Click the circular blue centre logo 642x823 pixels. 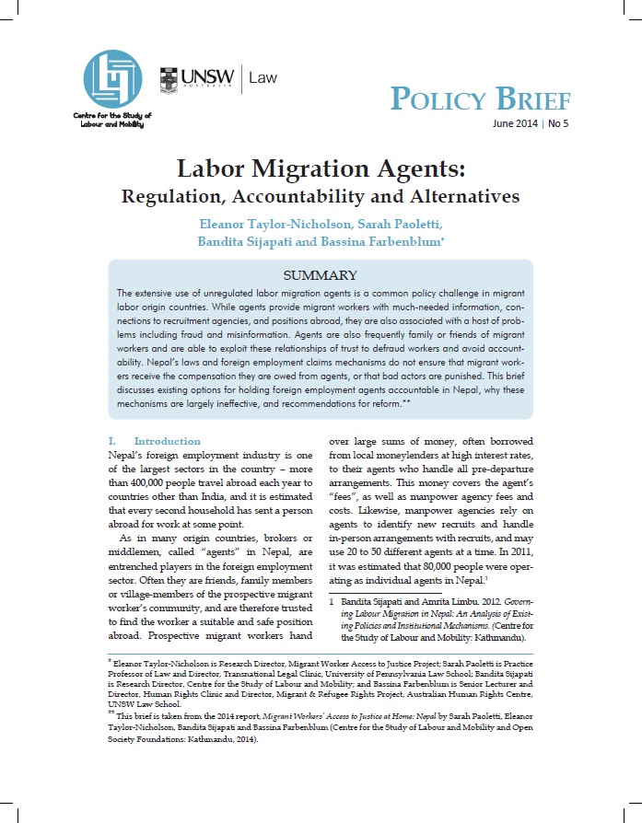point(112,78)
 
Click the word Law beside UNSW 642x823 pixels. point(262,79)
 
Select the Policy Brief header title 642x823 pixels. point(481,99)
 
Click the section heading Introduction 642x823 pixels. point(167,441)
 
